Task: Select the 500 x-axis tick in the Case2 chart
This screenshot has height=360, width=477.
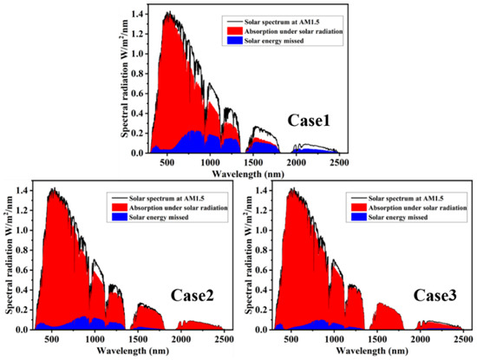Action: click(55, 339)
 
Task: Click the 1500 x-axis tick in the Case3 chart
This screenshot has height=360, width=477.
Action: click(360, 339)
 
